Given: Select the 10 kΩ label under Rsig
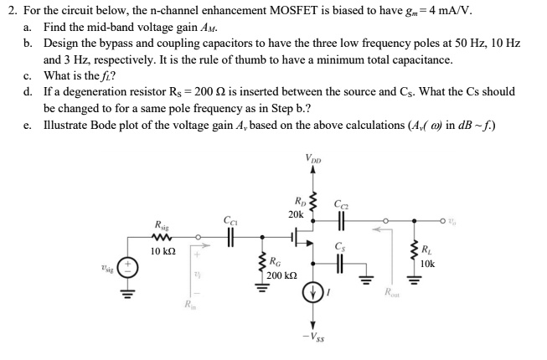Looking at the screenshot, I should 162,250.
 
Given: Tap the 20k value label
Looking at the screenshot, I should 296,214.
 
